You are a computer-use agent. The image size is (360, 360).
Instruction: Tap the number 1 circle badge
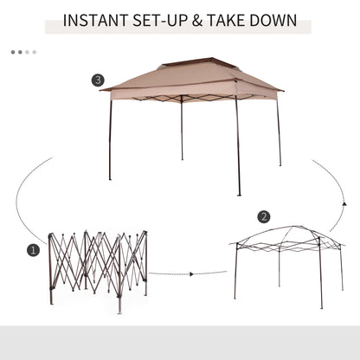[34, 250]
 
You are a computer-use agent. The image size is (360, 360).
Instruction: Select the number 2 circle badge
[264, 216]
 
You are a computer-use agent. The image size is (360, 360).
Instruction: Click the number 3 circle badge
[98, 80]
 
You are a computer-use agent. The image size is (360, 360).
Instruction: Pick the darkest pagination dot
[13, 52]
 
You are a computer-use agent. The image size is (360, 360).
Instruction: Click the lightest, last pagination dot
[34, 52]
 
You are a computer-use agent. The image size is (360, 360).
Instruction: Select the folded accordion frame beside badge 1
[97, 264]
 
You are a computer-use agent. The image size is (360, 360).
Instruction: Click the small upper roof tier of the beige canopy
[196, 66]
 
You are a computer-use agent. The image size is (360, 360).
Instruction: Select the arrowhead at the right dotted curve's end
[343, 204]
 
